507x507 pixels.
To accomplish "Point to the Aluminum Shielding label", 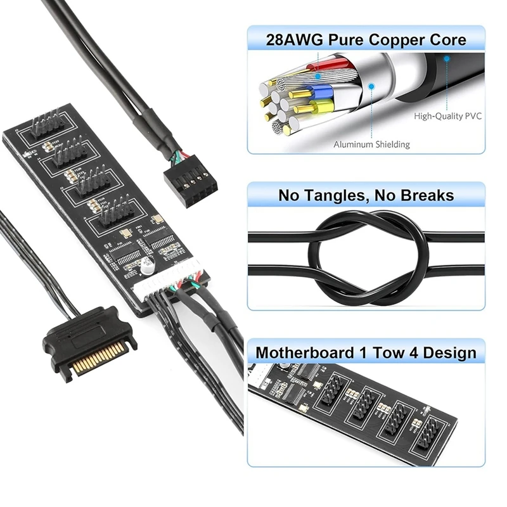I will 371,144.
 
